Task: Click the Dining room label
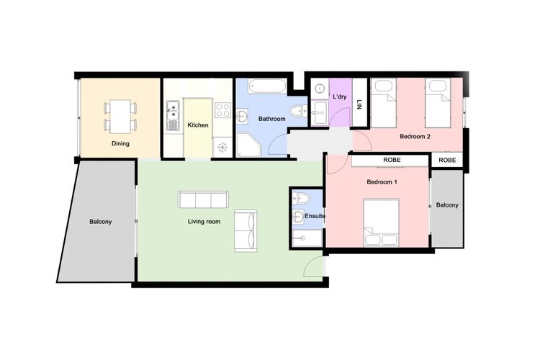tap(120, 143)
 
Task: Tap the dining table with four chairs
tap(120, 116)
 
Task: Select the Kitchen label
tap(198, 125)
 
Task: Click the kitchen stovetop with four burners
tap(223, 111)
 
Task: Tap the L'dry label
tap(340, 96)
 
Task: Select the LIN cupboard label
tap(359, 102)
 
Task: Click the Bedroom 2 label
tap(415, 136)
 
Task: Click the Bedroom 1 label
tap(382, 182)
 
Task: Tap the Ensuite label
tap(315, 215)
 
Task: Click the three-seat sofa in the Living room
tap(203, 199)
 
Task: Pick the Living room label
tap(204, 222)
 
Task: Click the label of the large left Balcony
tap(101, 222)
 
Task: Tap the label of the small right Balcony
tap(447, 205)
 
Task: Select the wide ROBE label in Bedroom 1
tap(392, 161)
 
